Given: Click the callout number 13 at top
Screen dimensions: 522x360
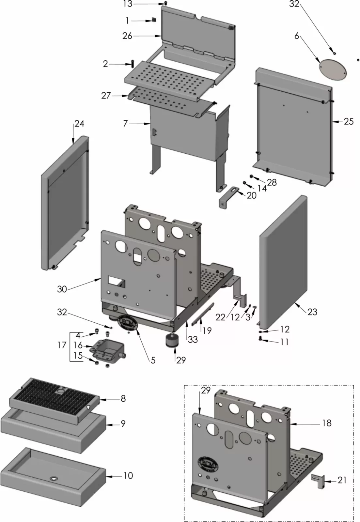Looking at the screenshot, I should pyautogui.click(x=128, y=4).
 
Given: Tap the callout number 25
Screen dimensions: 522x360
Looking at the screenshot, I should pyautogui.click(x=349, y=121).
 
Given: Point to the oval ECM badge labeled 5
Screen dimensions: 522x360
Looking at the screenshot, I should pyautogui.click(x=126, y=323).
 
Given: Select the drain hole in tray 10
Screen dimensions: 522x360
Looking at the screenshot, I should pyautogui.click(x=53, y=478).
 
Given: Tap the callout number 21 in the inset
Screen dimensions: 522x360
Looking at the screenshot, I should pyautogui.click(x=342, y=480).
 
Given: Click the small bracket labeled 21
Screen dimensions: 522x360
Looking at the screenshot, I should pyautogui.click(x=318, y=481).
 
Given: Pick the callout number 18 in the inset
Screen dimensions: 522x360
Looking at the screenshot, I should pyautogui.click(x=327, y=423).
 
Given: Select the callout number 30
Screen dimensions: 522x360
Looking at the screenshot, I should pyautogui.click(x=62, y=289).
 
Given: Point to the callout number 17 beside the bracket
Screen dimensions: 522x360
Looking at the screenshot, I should pyautogui.click(x=62, y=345).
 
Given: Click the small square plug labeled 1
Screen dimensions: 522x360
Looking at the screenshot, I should pyautogui.click(x=154, y=20).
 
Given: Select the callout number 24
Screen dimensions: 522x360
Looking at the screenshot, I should pyautogui.click(x=79, y=124).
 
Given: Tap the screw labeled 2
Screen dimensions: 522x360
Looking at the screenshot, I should pyautogui.click(x=133, y=63).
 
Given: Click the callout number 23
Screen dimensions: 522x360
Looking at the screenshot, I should pyautogui.click(x=312, y=312).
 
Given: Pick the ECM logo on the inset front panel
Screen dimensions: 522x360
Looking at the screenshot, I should pyautogui.click(x=207, y=463).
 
